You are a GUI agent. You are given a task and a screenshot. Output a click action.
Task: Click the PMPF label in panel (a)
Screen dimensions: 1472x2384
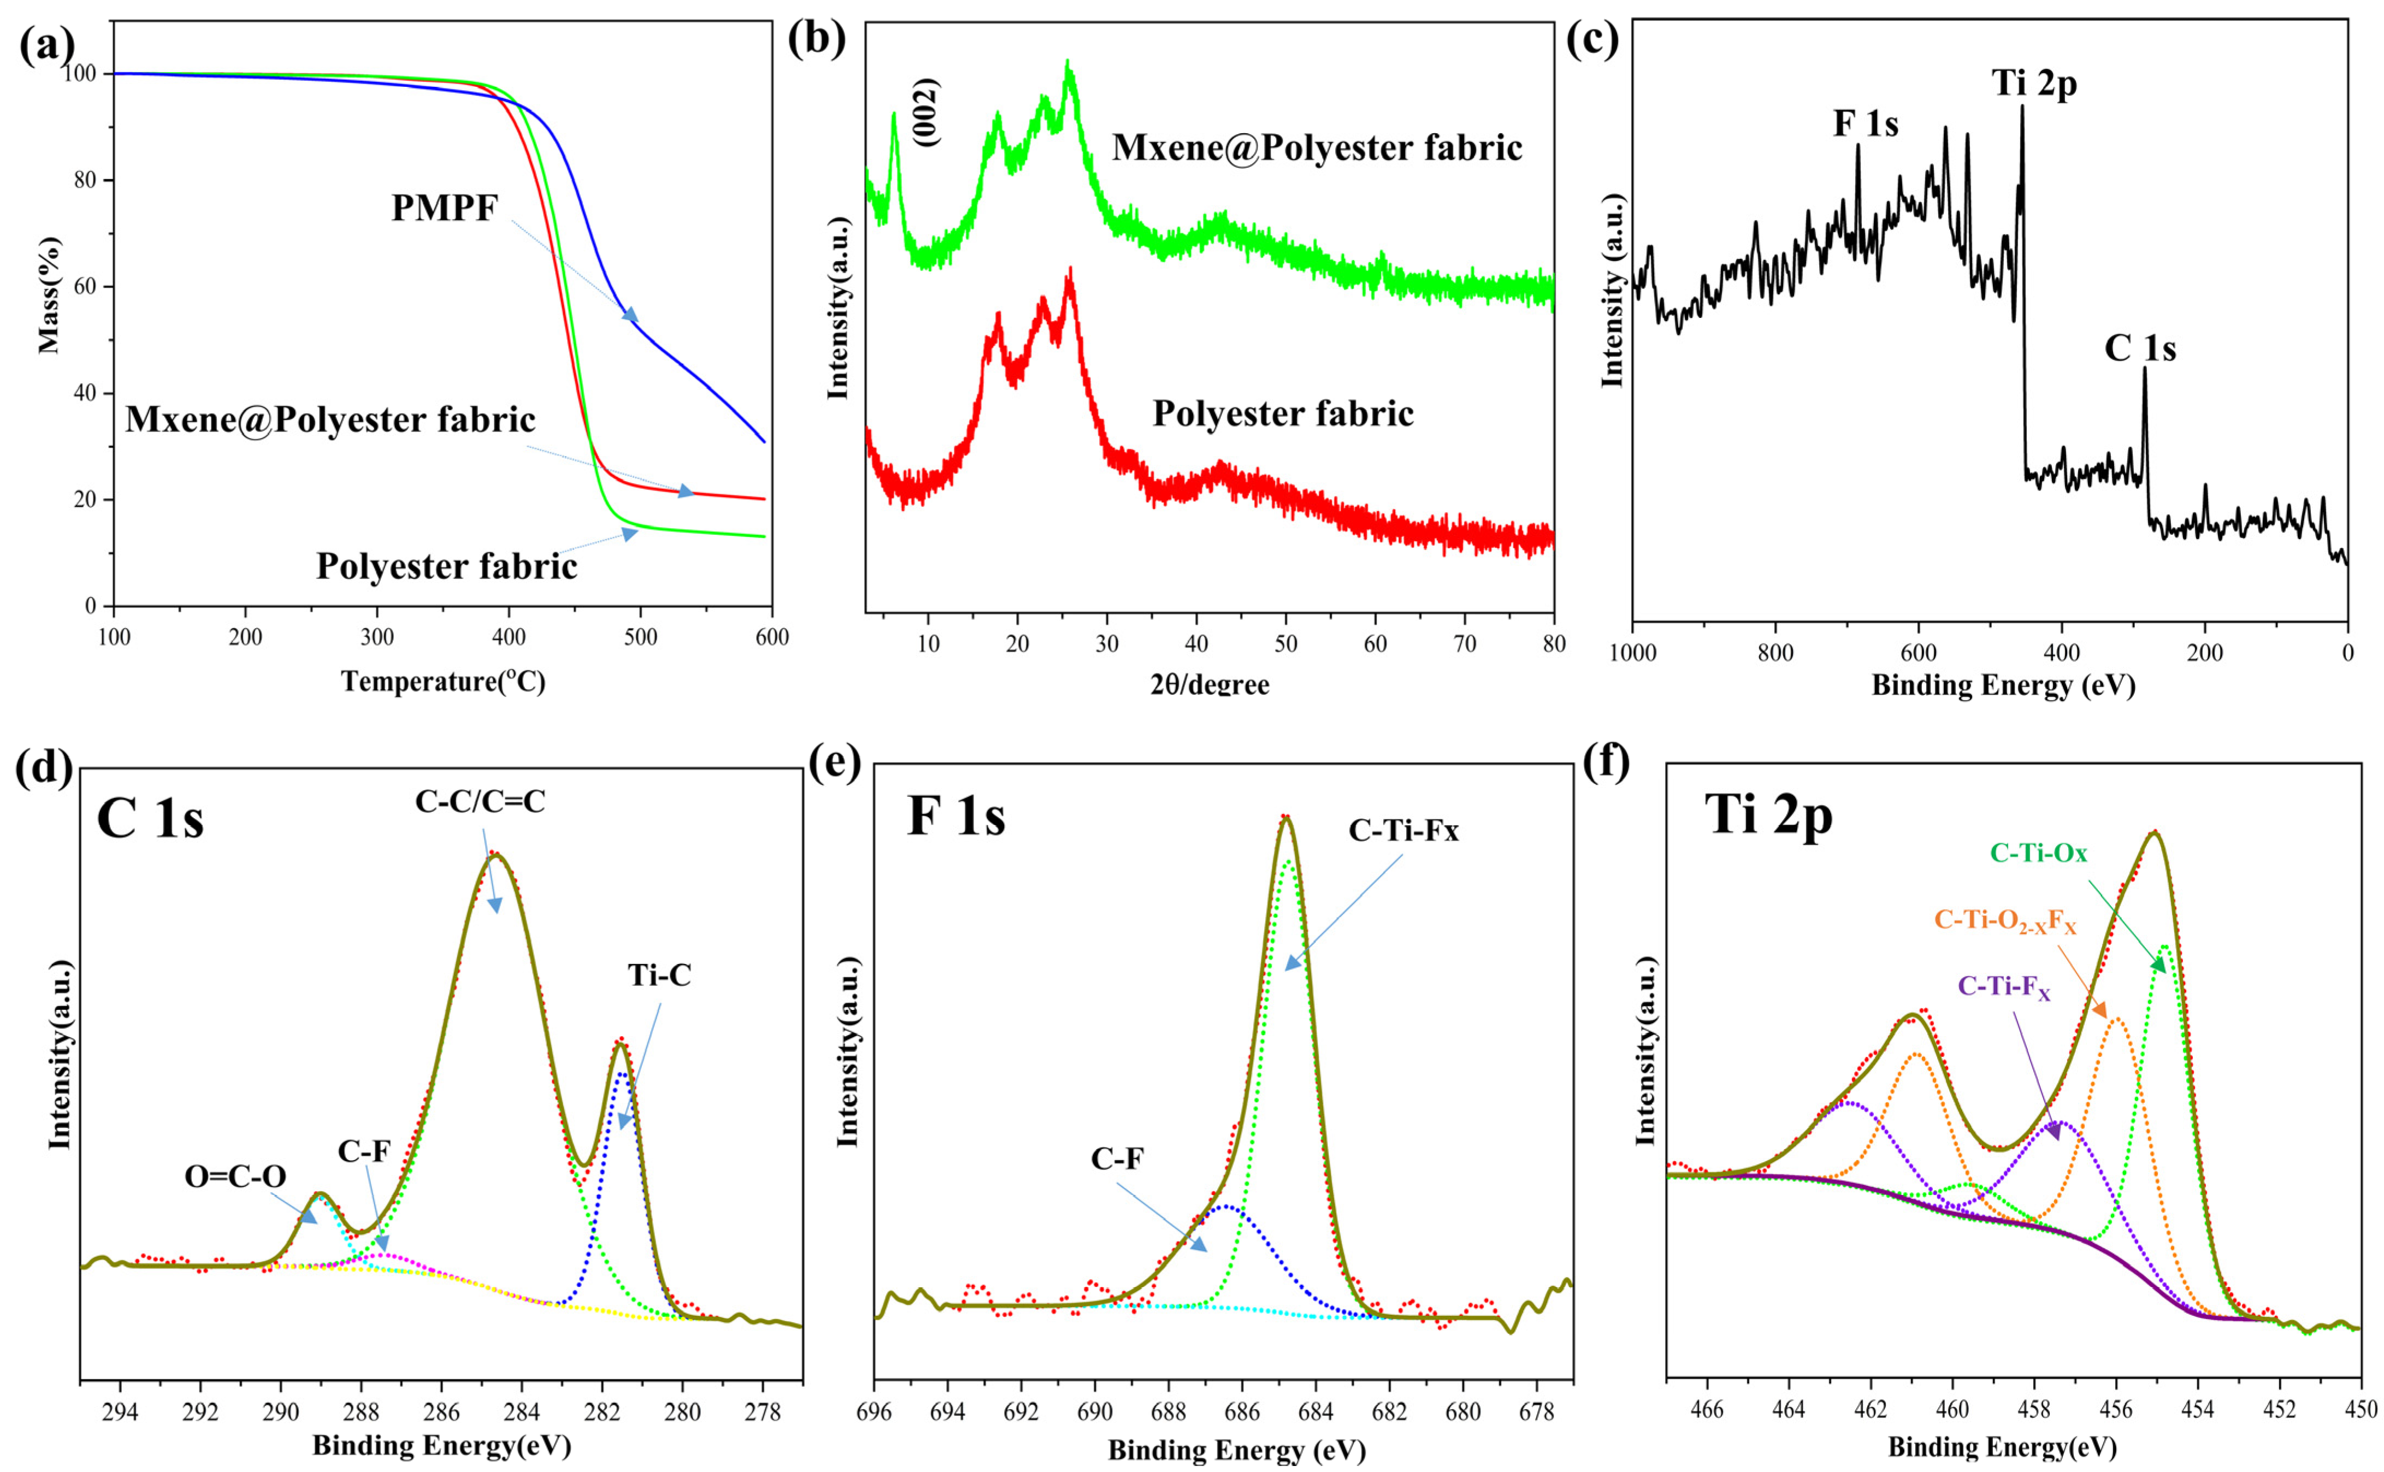click(445, 208)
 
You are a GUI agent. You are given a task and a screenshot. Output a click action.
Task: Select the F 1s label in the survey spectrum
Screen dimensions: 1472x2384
click(1865, 125)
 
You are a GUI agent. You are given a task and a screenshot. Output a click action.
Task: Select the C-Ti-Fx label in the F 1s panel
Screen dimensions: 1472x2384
click(1404, 830)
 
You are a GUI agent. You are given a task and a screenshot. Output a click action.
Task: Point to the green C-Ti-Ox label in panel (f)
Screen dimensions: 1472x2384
click(2038, 854)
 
